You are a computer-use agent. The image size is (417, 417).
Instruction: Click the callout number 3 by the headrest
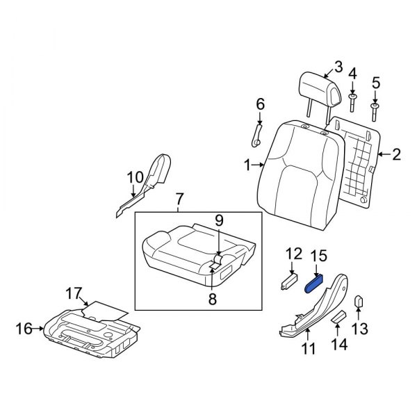(338, 67)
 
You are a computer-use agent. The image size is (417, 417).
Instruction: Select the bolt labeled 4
(352, 103)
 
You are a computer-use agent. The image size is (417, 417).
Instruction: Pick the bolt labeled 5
(376, 110)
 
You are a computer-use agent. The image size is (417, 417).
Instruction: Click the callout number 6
(261, 104)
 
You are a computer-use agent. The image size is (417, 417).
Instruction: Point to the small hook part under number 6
(257, 133)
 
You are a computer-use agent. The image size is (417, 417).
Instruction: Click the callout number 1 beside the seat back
(247, 165)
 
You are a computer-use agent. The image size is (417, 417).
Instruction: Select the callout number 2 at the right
(397, 155)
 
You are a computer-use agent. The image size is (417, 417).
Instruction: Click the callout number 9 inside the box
(218, 221)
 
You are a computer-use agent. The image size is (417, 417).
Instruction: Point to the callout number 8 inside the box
(213, 299)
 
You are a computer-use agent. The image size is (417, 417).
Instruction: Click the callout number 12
(294, 254)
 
